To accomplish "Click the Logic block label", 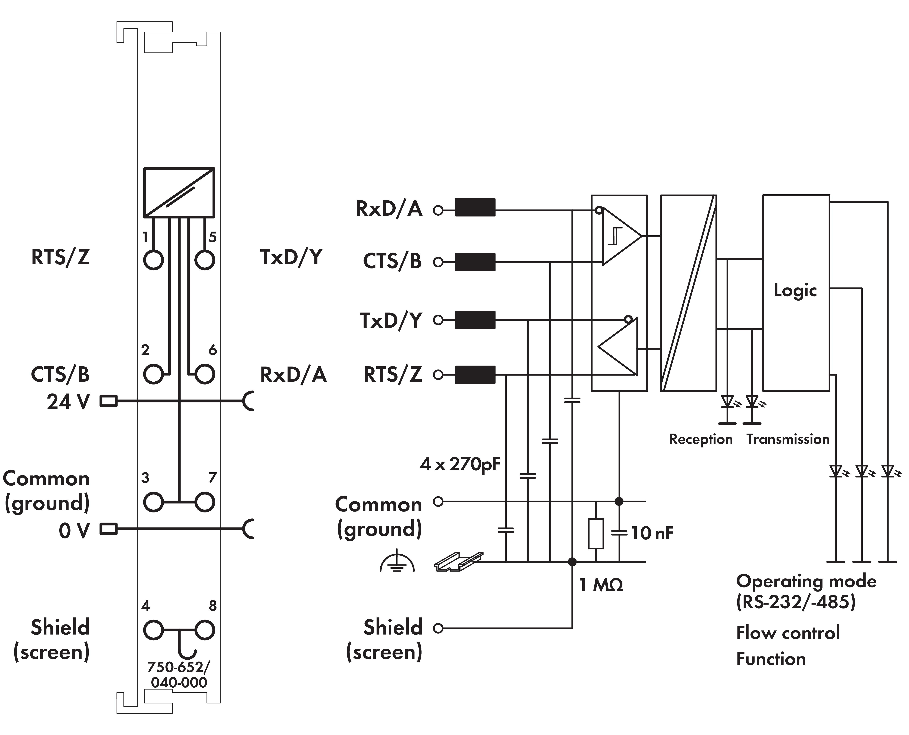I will pyautogui.click(x=795, y=290).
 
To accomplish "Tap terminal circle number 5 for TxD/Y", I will pyautogui.click(x=205, y=260).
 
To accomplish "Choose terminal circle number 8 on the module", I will pyautogui.click(x=205, y=630).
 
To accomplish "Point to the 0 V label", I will pyautogui.click(x=74, y=531).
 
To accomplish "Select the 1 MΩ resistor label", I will pyautogui.click(x=601, y=585).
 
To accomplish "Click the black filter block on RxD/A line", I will pyautogui.click(x=475, y=208).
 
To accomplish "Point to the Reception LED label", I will pyautogui.click(x=700, y=439).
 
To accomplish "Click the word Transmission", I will pyautogui.click(x=788, y=439).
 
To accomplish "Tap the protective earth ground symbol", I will pyautogui.click(x=397, y=561).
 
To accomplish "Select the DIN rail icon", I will pyautogui.click(x=458, y=561).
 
